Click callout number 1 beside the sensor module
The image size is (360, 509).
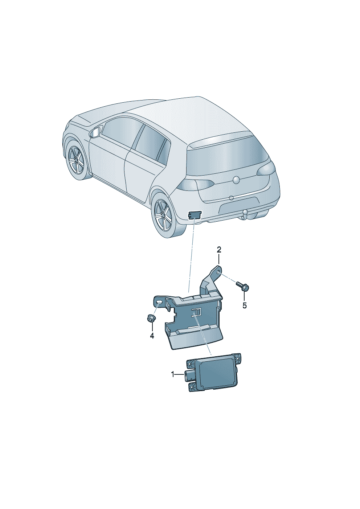point(173,374)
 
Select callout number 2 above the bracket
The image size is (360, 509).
point(218,250)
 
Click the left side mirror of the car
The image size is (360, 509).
point(95,132)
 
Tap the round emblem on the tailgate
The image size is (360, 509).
point(236,180)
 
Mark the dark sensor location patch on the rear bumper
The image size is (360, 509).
point(195,214)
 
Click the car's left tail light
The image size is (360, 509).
point(196,185)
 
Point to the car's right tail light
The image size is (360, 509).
point(266,169)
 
